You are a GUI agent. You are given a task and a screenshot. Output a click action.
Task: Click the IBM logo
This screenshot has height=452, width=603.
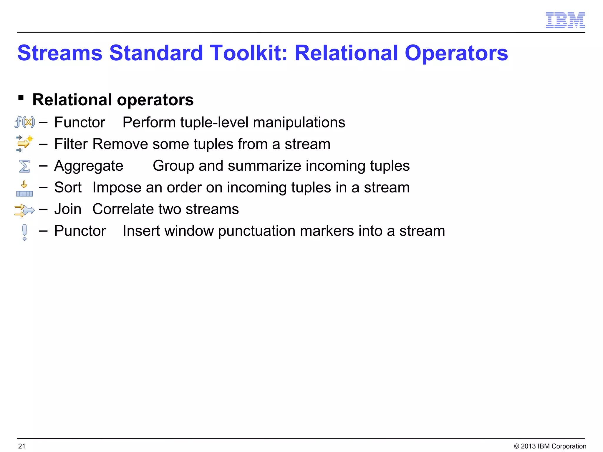[x=565, y=20]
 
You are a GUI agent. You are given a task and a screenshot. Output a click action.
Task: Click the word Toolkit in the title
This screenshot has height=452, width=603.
[x=249, y=53]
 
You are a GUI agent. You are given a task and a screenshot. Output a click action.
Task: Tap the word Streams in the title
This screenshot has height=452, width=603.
[x=60, y=53]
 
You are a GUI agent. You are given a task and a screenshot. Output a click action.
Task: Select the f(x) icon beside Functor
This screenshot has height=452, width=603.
[x=25, y=122]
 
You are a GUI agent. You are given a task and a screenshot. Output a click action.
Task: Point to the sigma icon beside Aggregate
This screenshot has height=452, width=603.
[x=24, y=166]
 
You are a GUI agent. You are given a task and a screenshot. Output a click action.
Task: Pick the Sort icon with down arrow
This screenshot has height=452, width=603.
[x=24, y=189]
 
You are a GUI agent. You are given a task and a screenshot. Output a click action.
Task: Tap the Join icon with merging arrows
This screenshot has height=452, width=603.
[x=24, y=210]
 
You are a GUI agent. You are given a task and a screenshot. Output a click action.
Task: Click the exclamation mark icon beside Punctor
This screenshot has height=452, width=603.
[x=24, y=232]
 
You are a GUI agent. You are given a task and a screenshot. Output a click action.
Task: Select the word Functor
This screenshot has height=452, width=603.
[x=79, y=122]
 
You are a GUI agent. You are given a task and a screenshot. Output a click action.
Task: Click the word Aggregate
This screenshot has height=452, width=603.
[x=89, y=166]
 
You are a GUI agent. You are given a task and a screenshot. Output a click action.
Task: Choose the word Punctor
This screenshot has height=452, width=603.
[x=80, y=231]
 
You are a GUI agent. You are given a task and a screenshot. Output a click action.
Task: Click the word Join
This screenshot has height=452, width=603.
[x=68, y=209]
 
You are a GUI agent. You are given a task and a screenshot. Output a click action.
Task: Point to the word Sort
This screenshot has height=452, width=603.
[x=68, y=187]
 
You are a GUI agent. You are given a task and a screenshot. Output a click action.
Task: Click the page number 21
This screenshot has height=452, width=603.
[x=22, y=446]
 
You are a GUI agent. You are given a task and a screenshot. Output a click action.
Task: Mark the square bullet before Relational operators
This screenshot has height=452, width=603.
[x=21, y=98]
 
